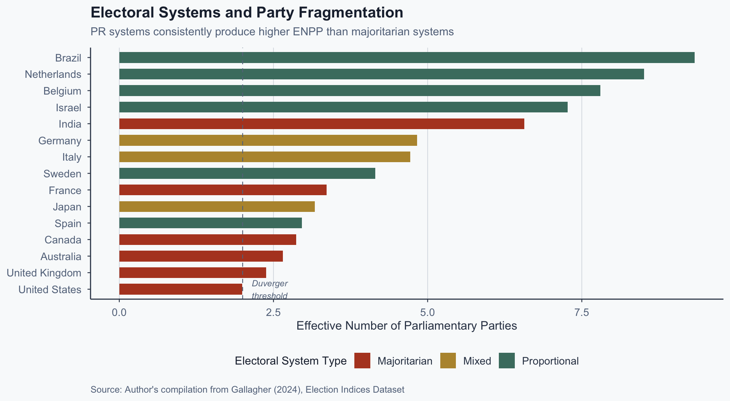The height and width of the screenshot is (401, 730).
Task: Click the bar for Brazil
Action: (407, 58)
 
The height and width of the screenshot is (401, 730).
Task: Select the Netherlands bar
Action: (381, 74)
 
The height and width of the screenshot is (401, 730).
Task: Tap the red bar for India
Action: (322, 124)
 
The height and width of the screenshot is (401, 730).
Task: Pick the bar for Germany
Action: (268, 141)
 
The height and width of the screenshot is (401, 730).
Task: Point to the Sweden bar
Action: (247, 174)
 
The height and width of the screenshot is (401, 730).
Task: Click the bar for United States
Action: (181, 289)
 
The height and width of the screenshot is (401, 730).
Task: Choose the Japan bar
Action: (217, 207)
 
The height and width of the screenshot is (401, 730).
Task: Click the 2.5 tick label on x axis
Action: (273, 313)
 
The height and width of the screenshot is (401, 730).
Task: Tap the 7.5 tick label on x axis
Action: (582, 313)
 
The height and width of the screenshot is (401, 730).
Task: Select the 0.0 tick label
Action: (119, 313)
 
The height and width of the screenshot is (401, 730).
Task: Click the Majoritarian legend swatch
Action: (362, 361)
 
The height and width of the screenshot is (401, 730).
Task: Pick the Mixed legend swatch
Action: (448, 361)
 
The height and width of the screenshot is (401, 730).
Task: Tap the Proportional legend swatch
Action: (506, 361)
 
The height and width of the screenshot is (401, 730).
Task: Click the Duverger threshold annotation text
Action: (270, 290)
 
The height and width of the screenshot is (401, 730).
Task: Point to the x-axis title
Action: (406, 326)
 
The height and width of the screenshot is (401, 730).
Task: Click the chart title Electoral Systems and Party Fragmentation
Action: (247, 13)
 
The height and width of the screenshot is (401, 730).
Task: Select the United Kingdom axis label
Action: (44, 273)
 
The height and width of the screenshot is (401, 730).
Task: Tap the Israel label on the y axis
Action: (68, 108)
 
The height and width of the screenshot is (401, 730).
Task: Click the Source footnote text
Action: (247, 390)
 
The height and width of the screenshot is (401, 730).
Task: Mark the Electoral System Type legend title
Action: (290, 361)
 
